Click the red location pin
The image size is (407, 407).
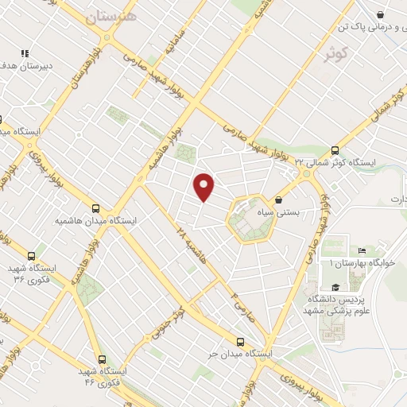205,187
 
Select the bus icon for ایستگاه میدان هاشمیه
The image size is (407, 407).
96,207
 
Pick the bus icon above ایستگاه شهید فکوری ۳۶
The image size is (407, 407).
31,256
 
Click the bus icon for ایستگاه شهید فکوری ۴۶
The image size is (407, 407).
101,359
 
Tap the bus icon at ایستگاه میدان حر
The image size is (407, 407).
240,341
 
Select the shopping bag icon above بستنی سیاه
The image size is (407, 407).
278,200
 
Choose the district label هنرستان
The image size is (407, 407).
110,17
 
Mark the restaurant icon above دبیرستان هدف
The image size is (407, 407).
25,53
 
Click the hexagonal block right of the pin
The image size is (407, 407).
250,219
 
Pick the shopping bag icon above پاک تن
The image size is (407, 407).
381,14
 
